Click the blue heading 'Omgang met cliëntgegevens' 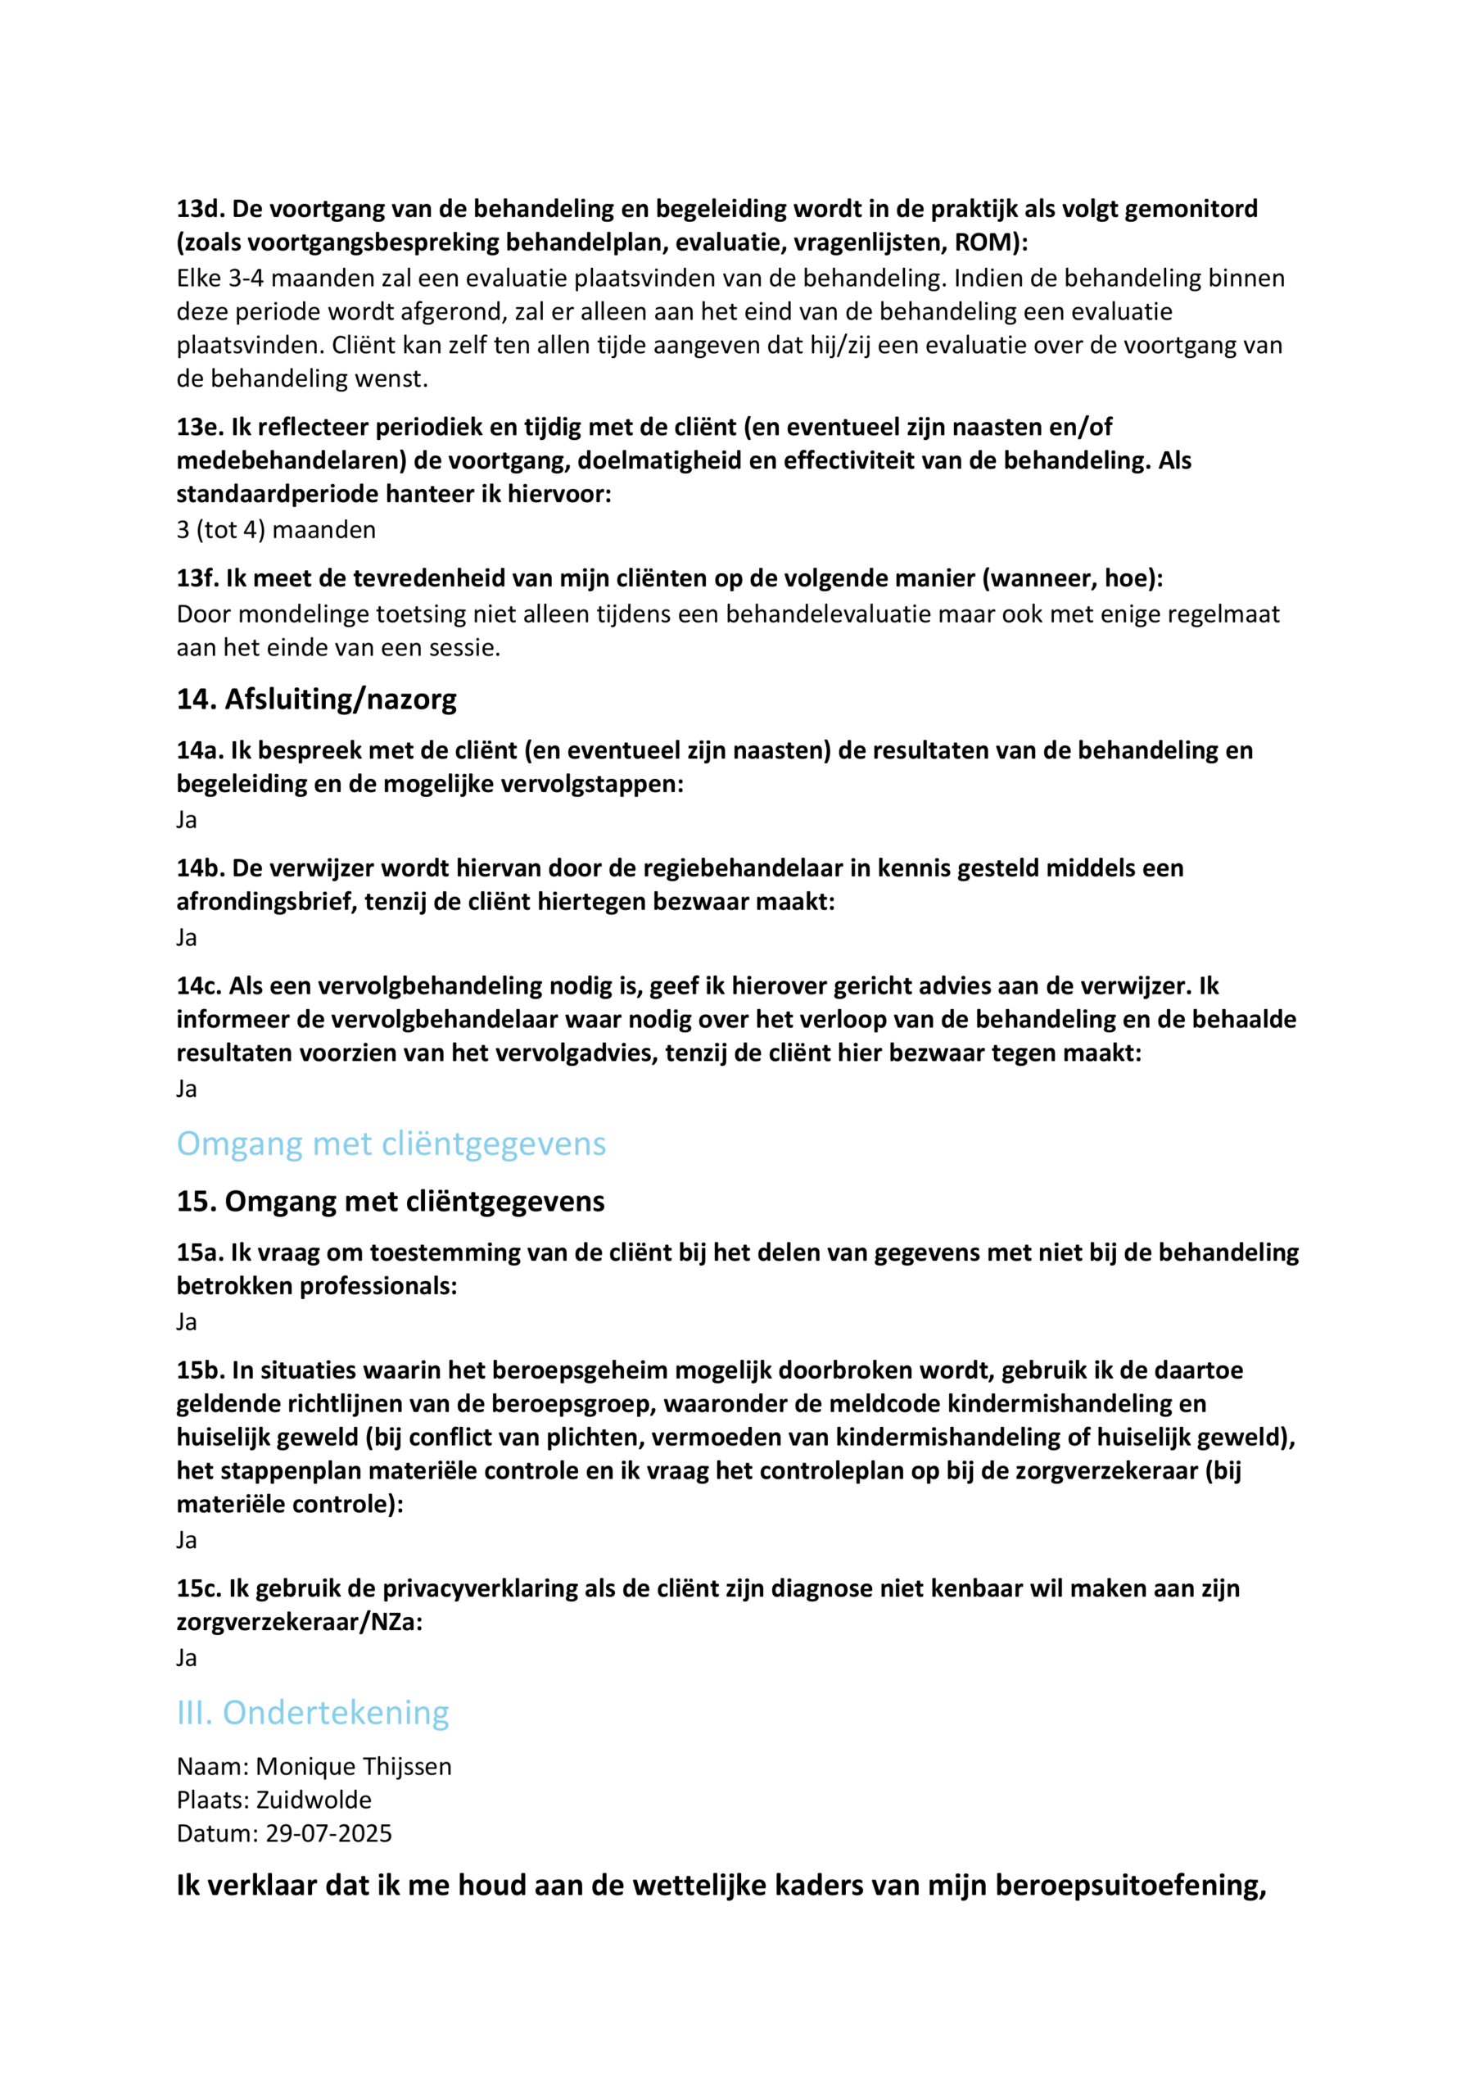point(391,1144)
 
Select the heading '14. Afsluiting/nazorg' point(316,699)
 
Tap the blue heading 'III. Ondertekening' point(312,1713)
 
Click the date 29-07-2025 point(328,1833)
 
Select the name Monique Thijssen point(354,1766)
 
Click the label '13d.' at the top point(200,209)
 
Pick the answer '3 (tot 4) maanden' point(276,530)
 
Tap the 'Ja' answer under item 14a point(186,819)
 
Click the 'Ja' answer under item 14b point(186,937)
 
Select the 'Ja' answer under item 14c point(186,1089)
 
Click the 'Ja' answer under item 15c point(186,1658)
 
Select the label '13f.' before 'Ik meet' point(197,578)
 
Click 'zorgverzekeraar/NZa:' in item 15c point(300,1622)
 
